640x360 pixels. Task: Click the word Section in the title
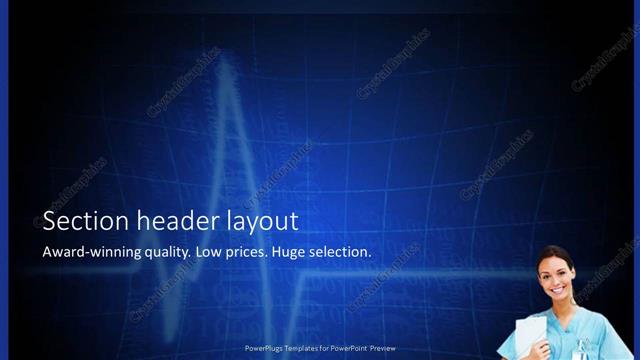coord(75,222)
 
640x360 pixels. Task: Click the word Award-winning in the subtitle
coord(87,252)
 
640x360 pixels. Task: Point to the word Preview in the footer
coord(383,348)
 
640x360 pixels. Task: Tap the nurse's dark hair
coord(548,254)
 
